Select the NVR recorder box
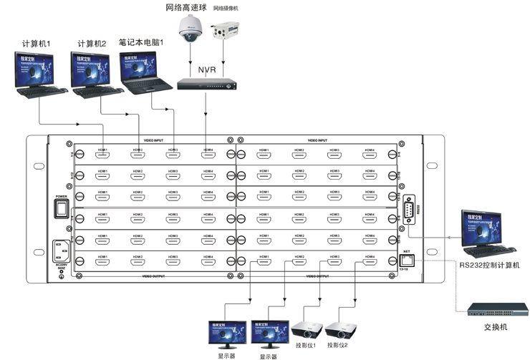(x=206, y=85)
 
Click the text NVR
(x=206, y=70)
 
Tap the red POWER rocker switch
(x=61, y=208)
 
